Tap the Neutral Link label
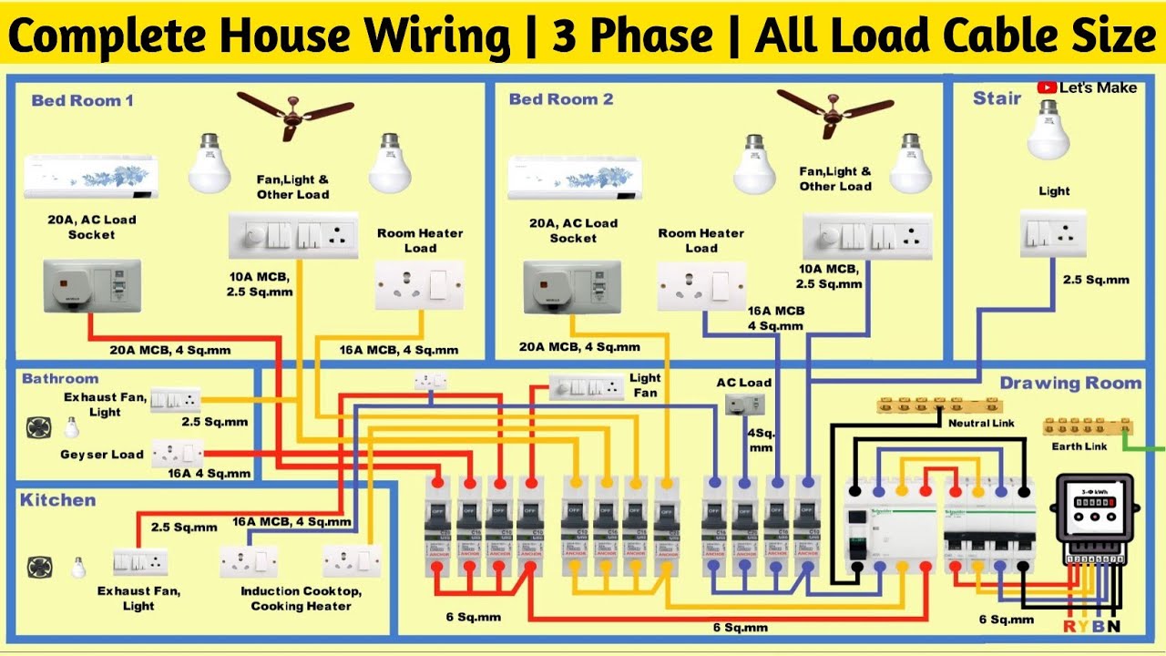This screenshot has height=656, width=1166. coord(981,424)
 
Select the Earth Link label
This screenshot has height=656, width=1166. coord(1079,446)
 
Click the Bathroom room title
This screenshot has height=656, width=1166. coord(60,378)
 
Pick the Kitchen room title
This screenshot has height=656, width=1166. coord(58,500)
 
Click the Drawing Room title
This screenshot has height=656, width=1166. coord(1070,384)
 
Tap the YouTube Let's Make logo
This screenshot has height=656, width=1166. coord(1087,87)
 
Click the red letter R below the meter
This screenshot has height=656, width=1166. coord(1069,627)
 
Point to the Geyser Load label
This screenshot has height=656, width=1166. coord(102,455)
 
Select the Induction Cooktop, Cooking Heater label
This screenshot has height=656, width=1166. coord(301,599)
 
